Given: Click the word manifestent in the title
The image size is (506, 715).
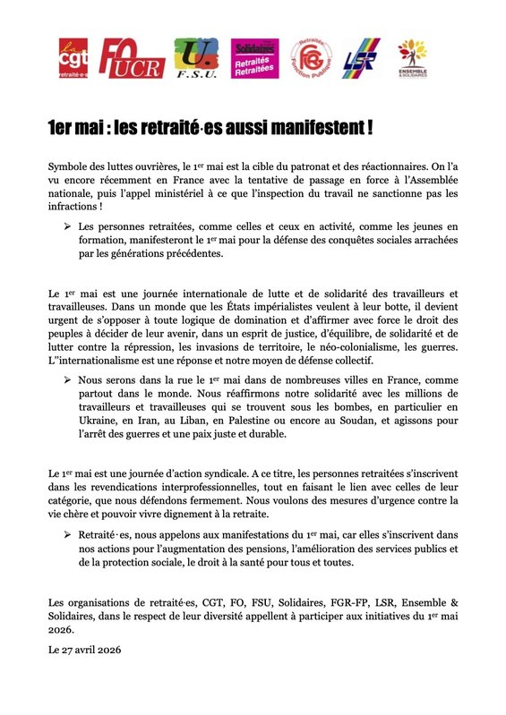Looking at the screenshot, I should [316, 128].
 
